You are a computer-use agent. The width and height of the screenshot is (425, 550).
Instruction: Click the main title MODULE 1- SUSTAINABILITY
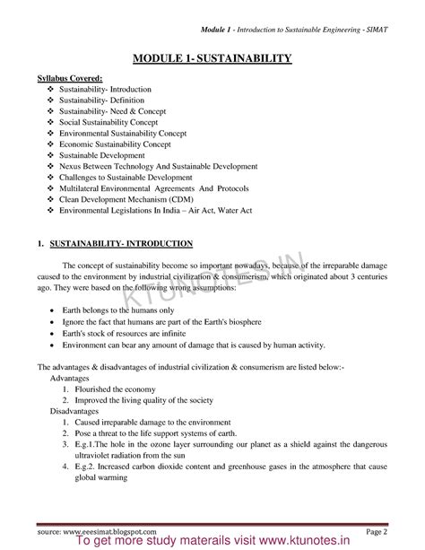(x=212, y=59)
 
